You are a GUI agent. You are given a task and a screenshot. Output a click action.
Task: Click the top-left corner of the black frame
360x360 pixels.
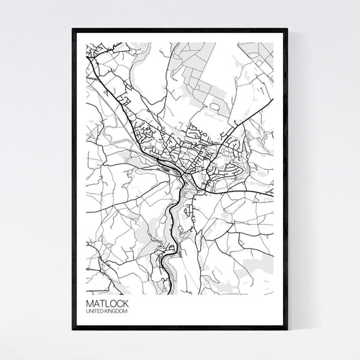pos(73,30)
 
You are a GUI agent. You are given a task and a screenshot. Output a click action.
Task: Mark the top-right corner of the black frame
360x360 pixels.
pos(287,30)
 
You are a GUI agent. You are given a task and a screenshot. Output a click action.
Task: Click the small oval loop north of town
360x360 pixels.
pos(214,107)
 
